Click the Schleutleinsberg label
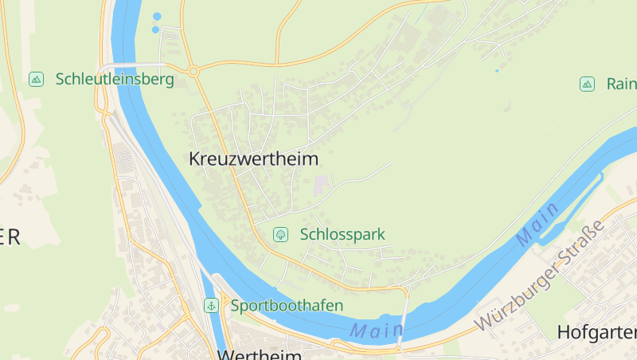pyautogui.click(x=115, y=80)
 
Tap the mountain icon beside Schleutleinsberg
pyautogui.click(x=36, y=79)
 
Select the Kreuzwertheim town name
pyautogui.click(x=253, y=158)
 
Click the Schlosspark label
pyautogui.click(x=342, y=234)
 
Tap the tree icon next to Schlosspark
pyautogui.click(x=280, y=234)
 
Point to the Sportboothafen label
pyautogui.click(x=287, y=305)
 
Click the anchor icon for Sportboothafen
pyautogui.click(x=212, y=305)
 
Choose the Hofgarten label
pyautogui.click(x=597, y=332)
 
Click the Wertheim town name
pyautogui.click(x=259, y=354)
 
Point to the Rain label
pyautogui.click(x=621, y=84)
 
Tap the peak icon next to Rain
pyautogui.click(x=587, y=84)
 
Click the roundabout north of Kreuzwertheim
pyautogui.click(x=193, y=72)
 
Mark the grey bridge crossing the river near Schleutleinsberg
pyautogui.click(x=131, y=65)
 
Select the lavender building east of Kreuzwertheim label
pyautogui.click(x=320, y=186)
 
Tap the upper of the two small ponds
pyautogui.click(x=157, y=16)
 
